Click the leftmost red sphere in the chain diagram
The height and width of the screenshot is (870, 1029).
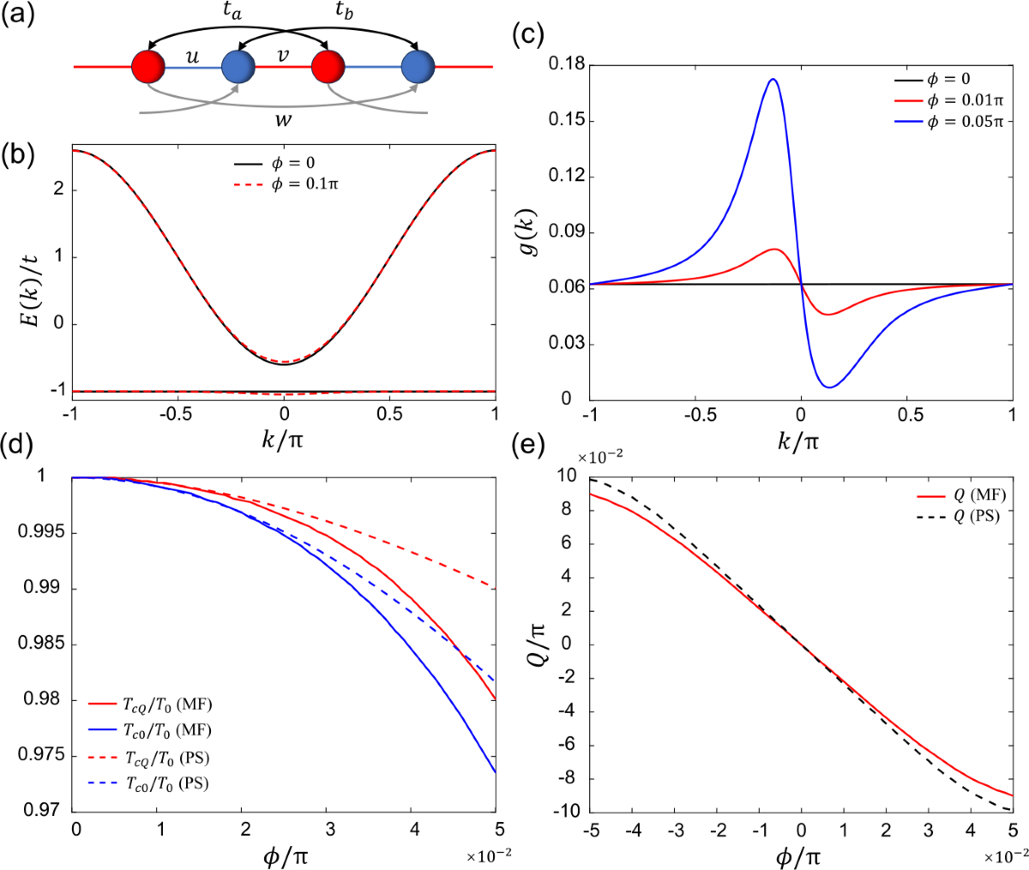click(x=148, y=67)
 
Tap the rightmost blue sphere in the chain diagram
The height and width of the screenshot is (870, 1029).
click(x=418, y=67)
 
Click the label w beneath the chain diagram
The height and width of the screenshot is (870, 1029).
click(x=284, y=120)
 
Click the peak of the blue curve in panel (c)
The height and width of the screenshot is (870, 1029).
click(x=773, y=78)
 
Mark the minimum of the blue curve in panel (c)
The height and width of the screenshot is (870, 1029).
click(x=830, y=389)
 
